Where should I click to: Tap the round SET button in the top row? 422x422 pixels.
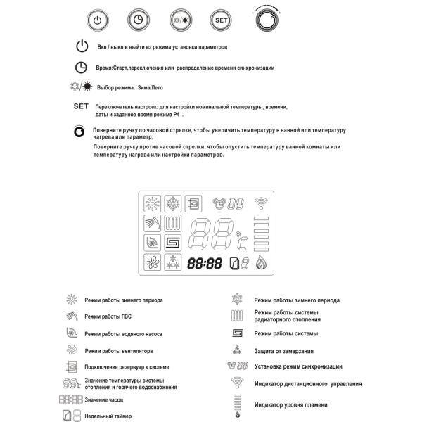[221, 20]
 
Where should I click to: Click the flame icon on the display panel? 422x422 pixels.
[262, 264]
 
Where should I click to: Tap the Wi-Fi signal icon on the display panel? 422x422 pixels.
[262, 203]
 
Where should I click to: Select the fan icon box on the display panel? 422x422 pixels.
[151, 264]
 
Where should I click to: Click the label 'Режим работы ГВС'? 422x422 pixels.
[108, 316]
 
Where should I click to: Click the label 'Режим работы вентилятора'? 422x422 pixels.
[118, 350]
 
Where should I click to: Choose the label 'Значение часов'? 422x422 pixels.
[104, 399]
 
